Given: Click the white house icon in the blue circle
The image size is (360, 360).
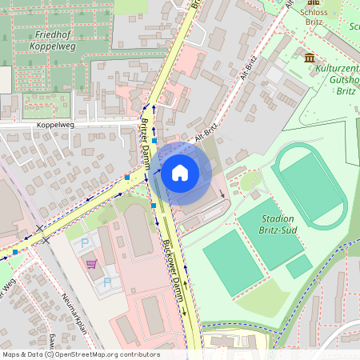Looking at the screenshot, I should [179, 172].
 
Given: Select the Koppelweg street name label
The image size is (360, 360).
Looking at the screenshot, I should [55, 126].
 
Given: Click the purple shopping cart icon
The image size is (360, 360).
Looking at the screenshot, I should [91, 263].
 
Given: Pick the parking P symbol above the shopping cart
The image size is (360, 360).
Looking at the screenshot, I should [86, 242].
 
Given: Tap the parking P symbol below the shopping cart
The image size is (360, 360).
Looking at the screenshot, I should [106, 282].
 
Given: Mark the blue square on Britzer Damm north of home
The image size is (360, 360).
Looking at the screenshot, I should [154, 141].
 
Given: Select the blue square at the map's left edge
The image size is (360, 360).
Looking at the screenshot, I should [15, 252].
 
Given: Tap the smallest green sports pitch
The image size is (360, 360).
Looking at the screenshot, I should [298, 266].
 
